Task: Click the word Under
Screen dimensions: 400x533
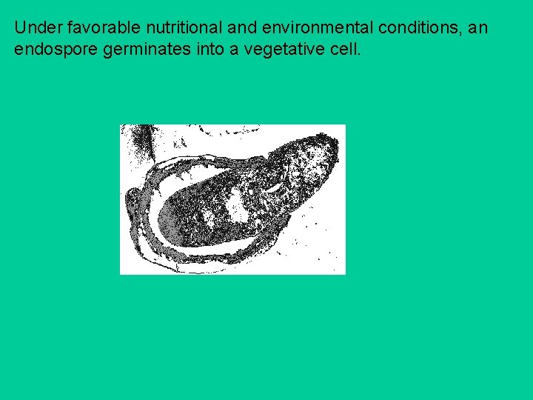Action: point(35,29)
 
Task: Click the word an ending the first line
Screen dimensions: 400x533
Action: point(479,29)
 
